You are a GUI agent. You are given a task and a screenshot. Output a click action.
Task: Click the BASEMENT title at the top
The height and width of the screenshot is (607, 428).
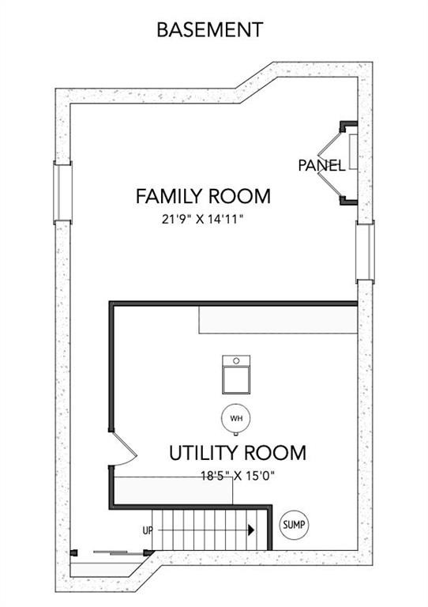[209, 30]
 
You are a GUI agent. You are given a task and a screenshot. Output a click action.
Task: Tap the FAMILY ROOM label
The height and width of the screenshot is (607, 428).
[203, 196]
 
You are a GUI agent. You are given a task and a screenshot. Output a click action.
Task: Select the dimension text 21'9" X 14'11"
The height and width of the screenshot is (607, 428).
[202, 219]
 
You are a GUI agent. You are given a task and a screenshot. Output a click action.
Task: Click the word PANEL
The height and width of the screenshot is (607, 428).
[321, 166]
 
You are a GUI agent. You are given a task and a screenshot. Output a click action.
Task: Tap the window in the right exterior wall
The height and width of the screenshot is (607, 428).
[364, 251]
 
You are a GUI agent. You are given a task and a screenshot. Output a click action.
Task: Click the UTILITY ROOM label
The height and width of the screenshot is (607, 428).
[237, 453]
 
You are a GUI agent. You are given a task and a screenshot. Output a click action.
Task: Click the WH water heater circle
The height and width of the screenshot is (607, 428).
[235, 418]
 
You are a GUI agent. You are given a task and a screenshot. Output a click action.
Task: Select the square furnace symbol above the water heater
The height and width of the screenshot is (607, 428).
[235, 375]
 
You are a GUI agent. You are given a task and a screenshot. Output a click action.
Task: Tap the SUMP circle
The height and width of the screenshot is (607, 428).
[295, 524]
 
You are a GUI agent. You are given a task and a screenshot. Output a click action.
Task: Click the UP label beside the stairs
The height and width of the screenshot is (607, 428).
[147, 530]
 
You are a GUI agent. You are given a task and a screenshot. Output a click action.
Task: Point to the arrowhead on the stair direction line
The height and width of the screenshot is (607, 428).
[251, 530]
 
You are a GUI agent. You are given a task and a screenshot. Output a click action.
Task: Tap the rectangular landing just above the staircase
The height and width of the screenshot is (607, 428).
[174, 490]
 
